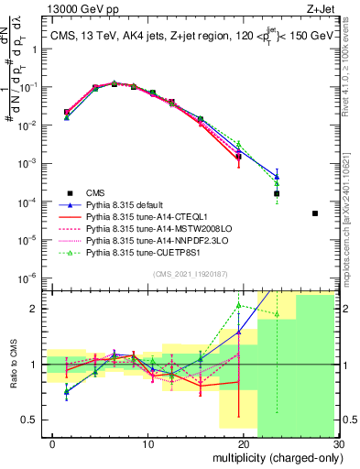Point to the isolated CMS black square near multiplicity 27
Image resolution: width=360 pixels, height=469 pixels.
click(314, 213)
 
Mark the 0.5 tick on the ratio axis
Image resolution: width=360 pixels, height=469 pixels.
click(29, 420)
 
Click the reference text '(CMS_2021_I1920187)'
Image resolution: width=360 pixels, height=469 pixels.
click(191, 274)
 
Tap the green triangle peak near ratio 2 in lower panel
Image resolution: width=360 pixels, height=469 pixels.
click(239, 305)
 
